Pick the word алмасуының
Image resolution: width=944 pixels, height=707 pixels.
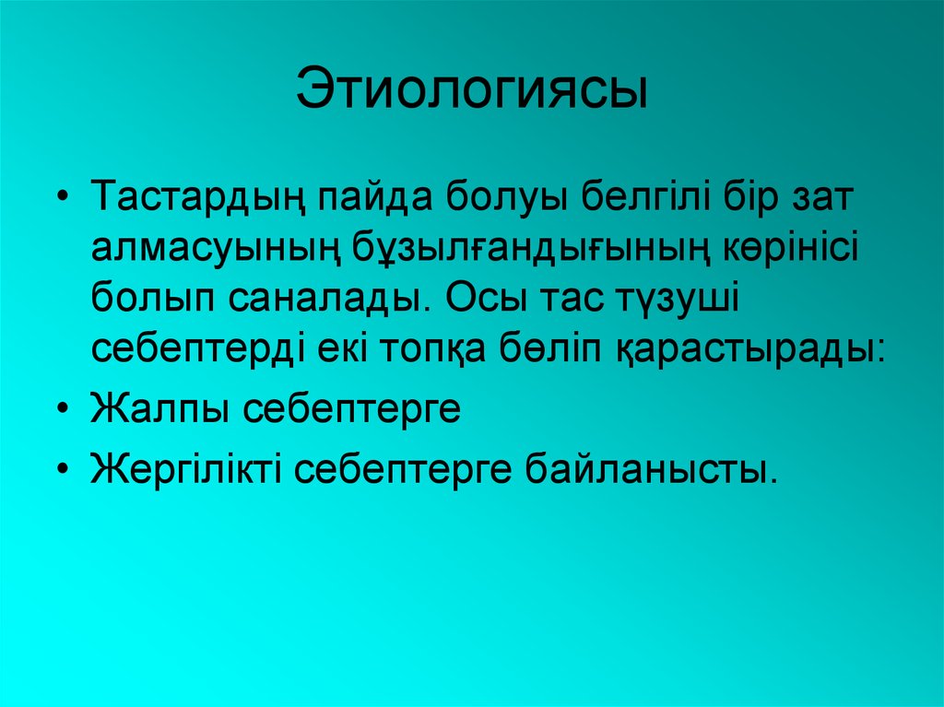(215, 248)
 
